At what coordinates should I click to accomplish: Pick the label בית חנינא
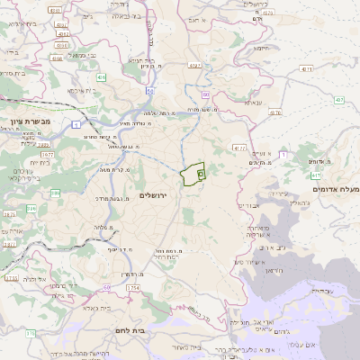143,61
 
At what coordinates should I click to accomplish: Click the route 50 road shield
205,94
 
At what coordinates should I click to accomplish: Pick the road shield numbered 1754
134,287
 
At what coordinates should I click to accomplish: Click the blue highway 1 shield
77,123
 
